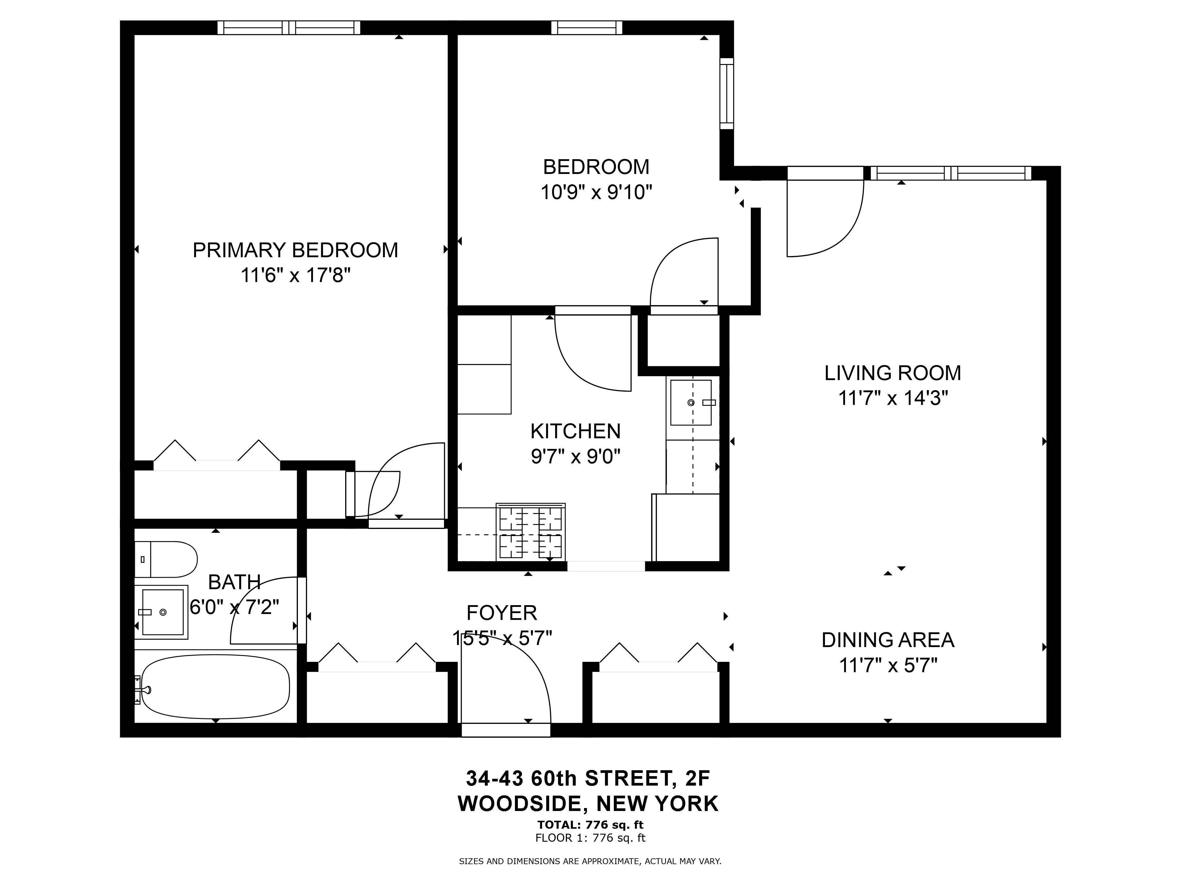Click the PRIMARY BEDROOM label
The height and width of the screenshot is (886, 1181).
(295, 250)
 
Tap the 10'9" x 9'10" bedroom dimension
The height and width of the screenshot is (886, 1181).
(596, 192)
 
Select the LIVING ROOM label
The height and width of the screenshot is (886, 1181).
(893, 373)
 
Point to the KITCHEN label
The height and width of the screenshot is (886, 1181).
(575, 431)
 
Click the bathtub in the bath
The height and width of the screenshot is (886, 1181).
(216, 686)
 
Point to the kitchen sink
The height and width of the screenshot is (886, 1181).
(691, 402)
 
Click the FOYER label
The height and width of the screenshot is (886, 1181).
(502, 613)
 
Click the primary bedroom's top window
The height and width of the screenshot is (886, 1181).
(289, 28)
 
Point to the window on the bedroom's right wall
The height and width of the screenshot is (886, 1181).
(727, 93)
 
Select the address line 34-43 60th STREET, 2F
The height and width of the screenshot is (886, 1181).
(588, 779)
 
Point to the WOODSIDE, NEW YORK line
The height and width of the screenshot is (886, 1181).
(588, 804)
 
